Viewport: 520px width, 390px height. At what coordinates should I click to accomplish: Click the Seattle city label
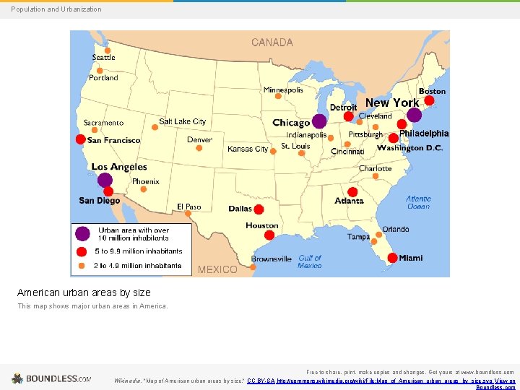click(103, 58)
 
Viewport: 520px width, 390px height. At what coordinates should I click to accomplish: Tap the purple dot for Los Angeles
click(105, 180)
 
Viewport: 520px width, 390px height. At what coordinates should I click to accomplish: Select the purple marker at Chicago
click(319, 121)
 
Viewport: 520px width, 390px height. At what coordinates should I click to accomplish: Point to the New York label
click(392, 103)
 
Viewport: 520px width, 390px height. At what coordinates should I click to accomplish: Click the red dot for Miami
click(392, 257)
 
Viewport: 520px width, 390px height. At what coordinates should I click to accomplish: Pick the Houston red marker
click(261, 235)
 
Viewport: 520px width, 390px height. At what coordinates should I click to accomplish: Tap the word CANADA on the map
click(272, 43)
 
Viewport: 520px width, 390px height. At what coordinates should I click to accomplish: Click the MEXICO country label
click(217, 269)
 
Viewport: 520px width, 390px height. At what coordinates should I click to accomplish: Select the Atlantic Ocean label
click(417, 202)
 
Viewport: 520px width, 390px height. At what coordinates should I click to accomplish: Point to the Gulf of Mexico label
click(309, 261)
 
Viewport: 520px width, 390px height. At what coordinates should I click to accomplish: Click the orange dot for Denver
click(200, 149)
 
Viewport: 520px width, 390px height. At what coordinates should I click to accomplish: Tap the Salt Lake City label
click(182, 121)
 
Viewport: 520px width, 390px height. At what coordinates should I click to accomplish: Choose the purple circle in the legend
click(83, 233)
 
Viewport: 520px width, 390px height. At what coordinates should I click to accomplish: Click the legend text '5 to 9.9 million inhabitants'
click(138, 251)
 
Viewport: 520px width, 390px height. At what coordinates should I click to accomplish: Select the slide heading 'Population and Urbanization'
click(56, 9)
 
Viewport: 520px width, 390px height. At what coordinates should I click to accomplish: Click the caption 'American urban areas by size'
click(84, 292)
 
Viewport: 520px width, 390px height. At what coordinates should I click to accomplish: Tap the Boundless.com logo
click(51, 378)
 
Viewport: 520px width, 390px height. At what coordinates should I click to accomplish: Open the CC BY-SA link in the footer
click(261, 381)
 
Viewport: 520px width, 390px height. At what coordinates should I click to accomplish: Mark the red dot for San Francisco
click(80, 139)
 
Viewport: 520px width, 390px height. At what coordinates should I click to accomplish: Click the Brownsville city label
click(272, 259)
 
